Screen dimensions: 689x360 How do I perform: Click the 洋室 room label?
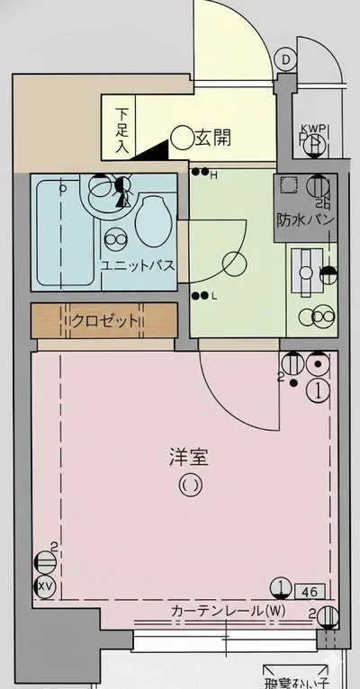(x=188, y=457)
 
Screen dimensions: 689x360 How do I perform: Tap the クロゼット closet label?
(x=106, y=321)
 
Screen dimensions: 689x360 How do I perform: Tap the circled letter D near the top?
(x=285, y=60)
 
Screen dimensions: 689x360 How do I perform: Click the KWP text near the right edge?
(x=315, y=129)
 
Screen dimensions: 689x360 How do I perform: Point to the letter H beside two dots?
(x=213, y=174)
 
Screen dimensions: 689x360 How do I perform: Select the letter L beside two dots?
(x=213, y=296)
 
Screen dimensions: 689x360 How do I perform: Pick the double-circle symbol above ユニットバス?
(x=115, y=239)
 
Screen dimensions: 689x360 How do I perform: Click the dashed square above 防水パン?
(x=290, y=186)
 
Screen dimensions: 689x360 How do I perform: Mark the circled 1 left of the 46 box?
(x=283, y=589)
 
